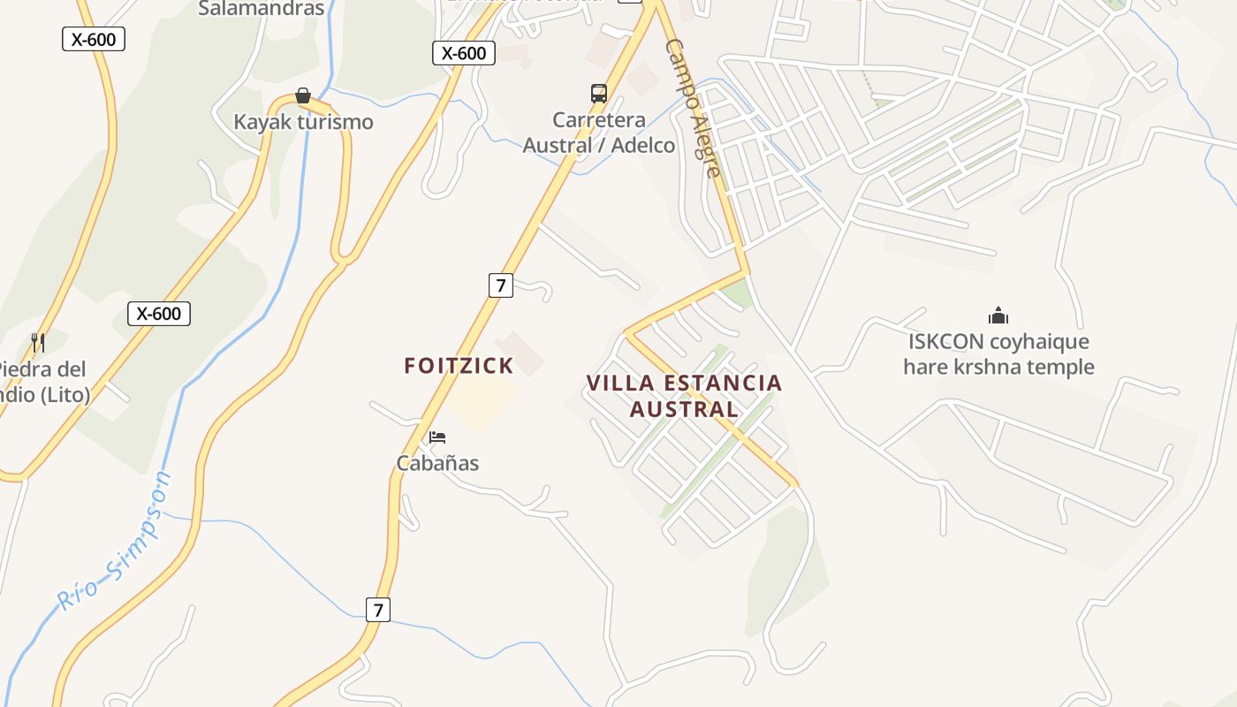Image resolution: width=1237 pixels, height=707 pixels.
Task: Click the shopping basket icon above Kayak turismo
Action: (303, 95)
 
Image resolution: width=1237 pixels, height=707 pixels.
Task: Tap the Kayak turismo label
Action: (303, 122)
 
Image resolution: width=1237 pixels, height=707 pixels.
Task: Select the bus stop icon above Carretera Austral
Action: (599, 94)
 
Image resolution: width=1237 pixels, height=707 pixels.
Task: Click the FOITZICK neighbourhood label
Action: (459, 366)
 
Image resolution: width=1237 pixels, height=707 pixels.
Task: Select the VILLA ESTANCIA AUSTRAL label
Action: (685, 396)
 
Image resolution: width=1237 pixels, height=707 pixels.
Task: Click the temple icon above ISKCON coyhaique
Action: (998, 315)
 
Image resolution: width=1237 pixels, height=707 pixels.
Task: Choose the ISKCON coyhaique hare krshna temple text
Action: (998, 353)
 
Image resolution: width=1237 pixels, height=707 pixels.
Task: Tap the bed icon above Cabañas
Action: (437, 437)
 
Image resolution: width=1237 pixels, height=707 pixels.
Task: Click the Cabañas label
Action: (437, 463)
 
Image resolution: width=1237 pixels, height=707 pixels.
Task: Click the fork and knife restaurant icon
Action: (38, 342)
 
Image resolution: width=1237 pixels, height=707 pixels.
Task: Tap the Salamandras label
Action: (261, 9)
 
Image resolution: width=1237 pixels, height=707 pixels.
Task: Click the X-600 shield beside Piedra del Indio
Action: (159, 314)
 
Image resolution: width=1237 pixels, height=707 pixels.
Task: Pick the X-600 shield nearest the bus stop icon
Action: (464, 53)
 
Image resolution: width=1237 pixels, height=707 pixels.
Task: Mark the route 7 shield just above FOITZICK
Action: (500, 285)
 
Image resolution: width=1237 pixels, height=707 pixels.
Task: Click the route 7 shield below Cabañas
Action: (378, 610)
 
